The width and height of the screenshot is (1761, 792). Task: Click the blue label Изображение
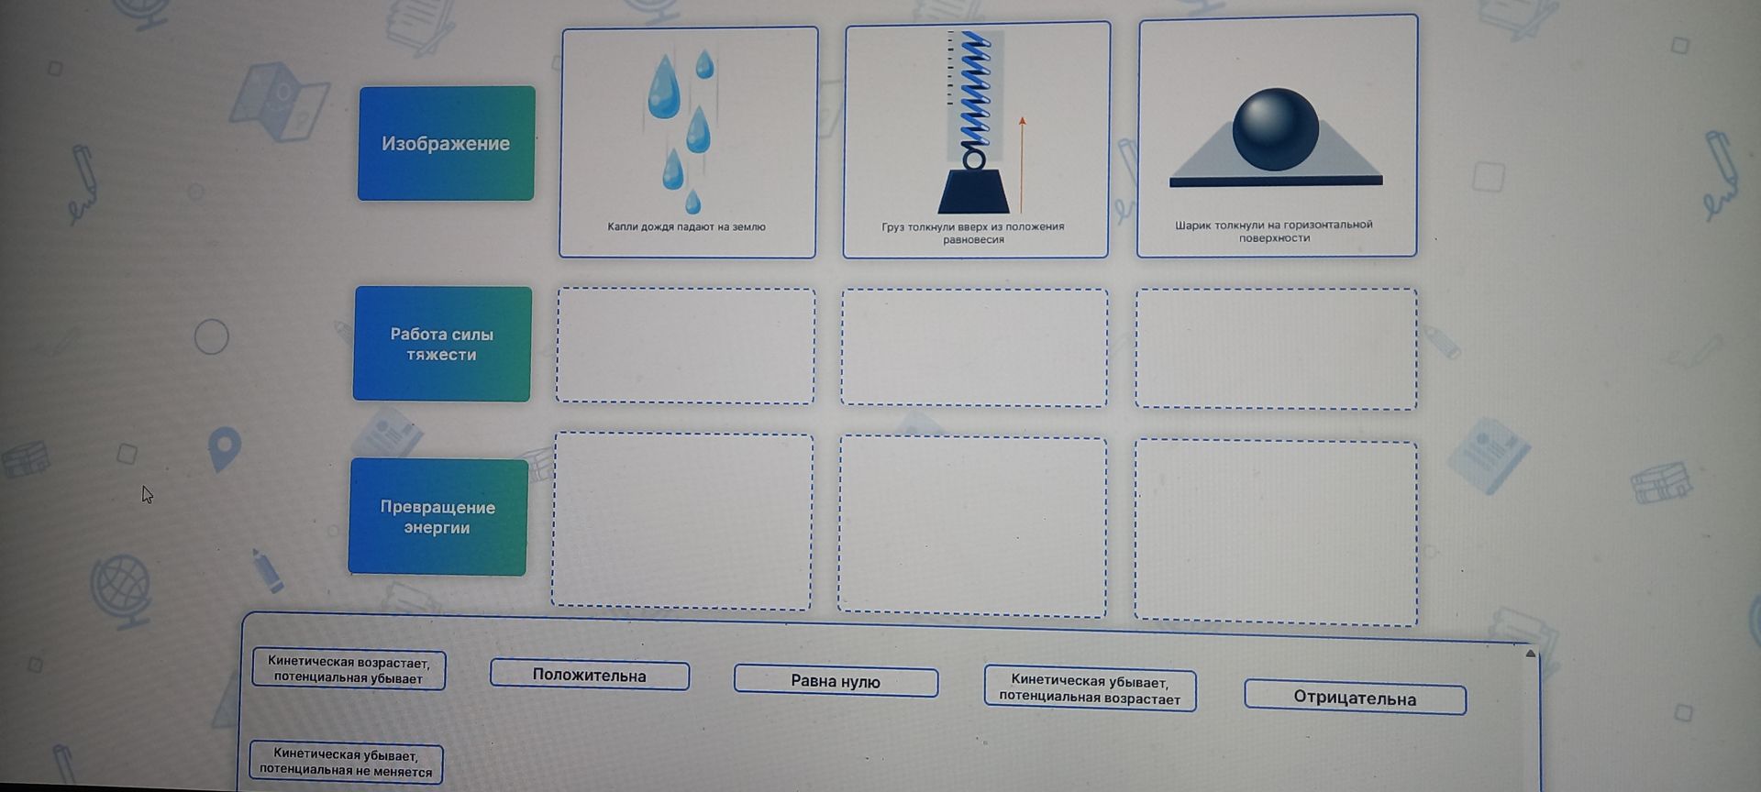tap(446, 143)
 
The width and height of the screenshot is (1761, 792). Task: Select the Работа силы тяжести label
tap(441, 344)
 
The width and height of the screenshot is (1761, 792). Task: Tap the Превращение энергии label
tap(437, 517)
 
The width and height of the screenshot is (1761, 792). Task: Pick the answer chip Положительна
tap(590, 676)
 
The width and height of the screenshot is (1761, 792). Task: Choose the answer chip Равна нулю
tap(836, 681)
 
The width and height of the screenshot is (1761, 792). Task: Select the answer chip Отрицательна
tap(1355, 698)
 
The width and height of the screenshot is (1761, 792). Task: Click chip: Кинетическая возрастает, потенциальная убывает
tap(349, 669)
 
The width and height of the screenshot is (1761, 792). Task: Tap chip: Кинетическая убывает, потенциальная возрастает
tap(1090, 688)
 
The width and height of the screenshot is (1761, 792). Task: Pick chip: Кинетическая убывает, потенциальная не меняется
tap(346, 763)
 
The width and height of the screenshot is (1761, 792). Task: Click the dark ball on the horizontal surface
tap(1275, 129)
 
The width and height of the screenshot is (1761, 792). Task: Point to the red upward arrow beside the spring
tap(1022, 165)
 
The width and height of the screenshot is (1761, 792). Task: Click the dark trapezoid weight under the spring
tap(973, 192)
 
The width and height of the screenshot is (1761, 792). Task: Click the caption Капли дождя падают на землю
tap(686, 226)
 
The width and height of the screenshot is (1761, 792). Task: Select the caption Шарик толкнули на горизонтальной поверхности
tap(1274, 231)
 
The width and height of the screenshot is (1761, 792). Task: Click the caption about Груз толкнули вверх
tap(973, 233)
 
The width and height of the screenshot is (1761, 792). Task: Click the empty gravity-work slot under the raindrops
tap(685, 346)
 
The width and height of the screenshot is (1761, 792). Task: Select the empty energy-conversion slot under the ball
tap(1276, 533)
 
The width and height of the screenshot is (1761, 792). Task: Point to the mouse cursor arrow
tap(147, 494)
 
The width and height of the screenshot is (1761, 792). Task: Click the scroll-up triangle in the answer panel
tap(1530, 654)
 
